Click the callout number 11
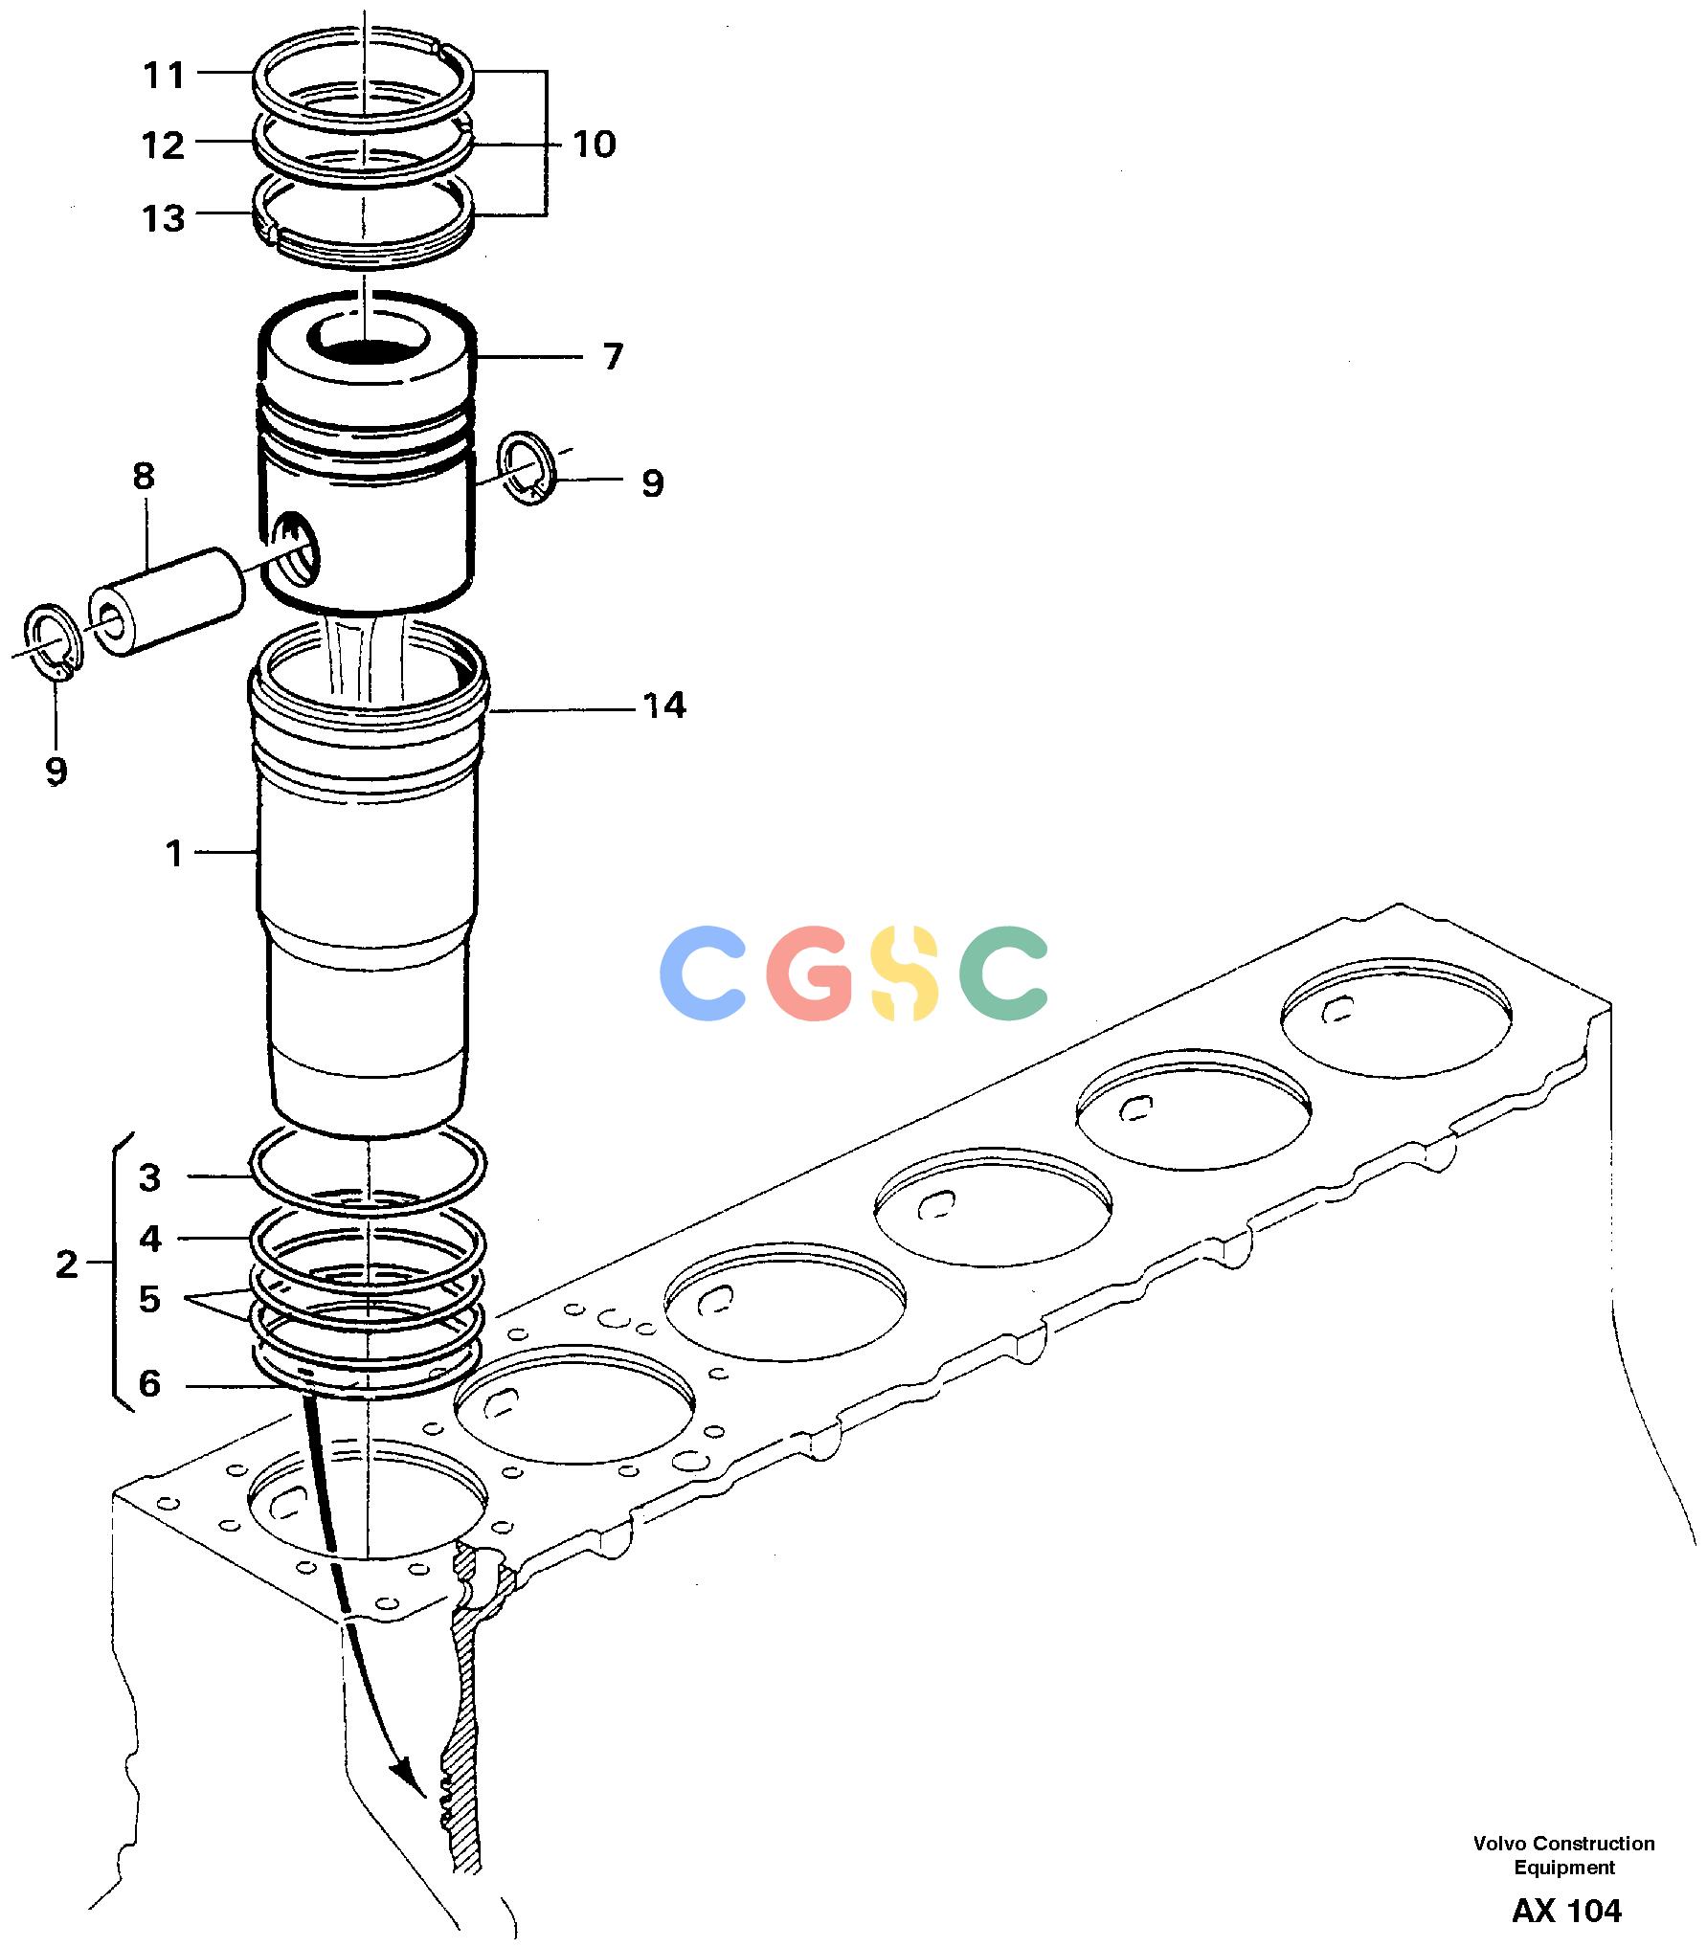[164, 75]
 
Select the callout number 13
[164, 218]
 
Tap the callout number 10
[595, 145]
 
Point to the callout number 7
[613, 357]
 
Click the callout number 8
[144, 476]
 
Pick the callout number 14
[664, 706]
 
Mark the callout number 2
[66, 1265]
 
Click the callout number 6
[149, 1384]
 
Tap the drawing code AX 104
[1567, 1912]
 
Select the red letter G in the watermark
[809, 973]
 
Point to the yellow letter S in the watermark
[905, 973]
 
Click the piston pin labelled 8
[167, 602]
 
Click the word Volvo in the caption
[1500, 1844]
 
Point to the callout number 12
[164, 146]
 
